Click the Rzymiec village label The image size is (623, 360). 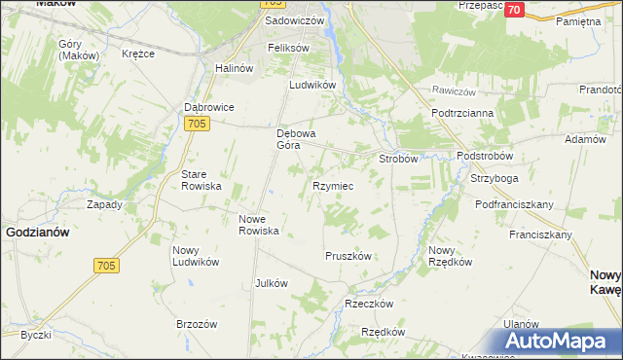[332, 185]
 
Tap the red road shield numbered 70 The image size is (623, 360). [515, 9]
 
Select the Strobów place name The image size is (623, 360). [398, 158]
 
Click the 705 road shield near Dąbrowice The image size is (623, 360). [196, 123]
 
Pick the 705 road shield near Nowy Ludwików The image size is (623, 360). [107, 266]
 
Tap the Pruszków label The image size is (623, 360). [348, 255]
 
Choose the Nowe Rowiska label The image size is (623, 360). [260, 225]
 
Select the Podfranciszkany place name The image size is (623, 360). [514, 204]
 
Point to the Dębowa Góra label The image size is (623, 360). [299, 138]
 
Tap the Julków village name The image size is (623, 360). [271, 283]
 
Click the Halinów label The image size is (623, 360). [233, 68]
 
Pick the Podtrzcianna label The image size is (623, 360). [462, 113]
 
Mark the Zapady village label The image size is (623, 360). [104, 204]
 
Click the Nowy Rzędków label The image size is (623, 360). [450, 256]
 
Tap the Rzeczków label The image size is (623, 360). [369, 304]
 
